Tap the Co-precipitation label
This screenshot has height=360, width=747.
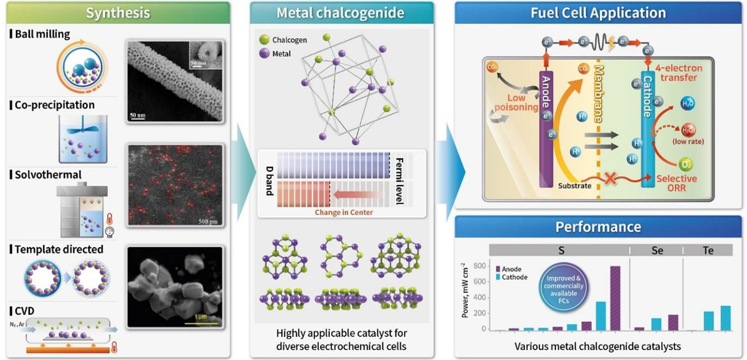[52, 105]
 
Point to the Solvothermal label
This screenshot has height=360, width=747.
[45, 175]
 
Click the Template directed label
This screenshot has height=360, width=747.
[58, 249]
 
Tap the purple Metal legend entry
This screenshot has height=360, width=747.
[282, 54]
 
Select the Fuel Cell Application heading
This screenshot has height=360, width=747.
[598, 13]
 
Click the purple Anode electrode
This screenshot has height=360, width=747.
[546, 129]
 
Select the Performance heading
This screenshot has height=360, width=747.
[598, 227]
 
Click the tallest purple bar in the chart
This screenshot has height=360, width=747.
[615, 298]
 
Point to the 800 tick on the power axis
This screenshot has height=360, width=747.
[478, 266]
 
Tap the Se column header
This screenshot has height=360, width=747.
[657, 251]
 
